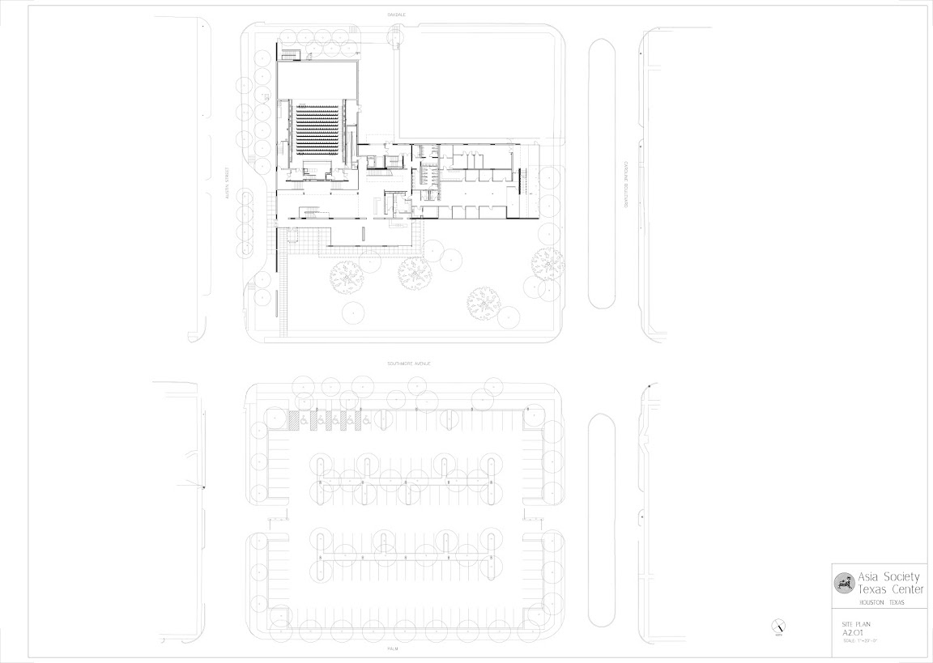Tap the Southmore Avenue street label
[x=407, y=364]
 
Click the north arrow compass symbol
[x=779, y=626]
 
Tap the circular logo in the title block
[x=845, y=583]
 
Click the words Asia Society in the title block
[x=888, y=577]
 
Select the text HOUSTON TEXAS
[x=881, y=603]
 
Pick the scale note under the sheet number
[x=861, y=641]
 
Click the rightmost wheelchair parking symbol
[x=366, y=421]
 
